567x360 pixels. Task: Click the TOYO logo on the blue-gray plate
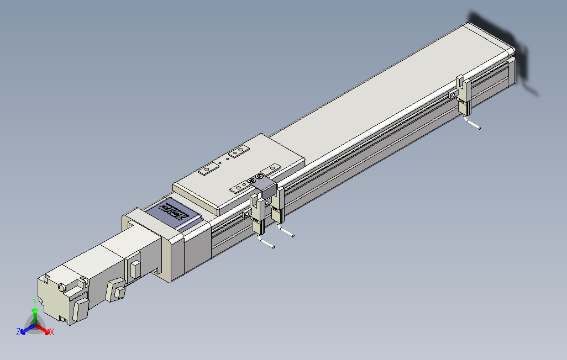[x=173, y=212]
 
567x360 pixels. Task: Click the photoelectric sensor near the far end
[x=464, y=98]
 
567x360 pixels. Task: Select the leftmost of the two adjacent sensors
[x=258, y=215]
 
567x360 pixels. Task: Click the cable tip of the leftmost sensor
[x=274, y=247]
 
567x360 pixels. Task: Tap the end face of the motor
[x=52, y=298]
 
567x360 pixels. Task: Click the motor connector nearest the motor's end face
[x=80, y=308]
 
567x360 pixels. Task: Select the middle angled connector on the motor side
[x=117, y=289]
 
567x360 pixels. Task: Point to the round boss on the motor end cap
[x=63, y=287]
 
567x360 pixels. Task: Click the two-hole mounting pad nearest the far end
[x=239, y=151]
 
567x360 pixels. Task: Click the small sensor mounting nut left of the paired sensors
[x=244, y=214]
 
